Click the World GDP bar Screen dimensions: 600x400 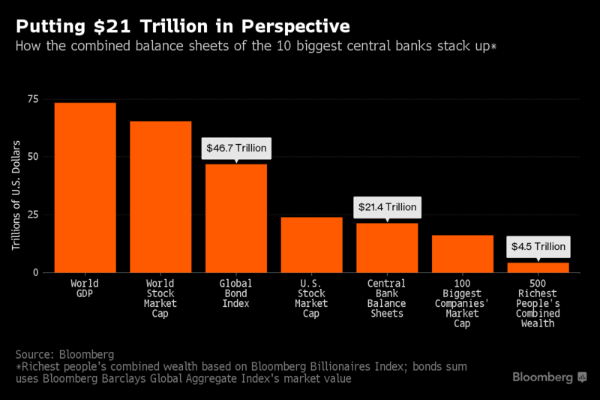[85, 188]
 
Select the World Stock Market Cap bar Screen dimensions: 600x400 [160, 197]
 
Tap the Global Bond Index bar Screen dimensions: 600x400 [236, 218]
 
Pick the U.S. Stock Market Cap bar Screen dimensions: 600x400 [311, 245]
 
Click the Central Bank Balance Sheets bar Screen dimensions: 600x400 [387, 248]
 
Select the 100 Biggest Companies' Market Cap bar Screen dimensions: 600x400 [463, 254]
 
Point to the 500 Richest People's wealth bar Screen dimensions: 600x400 [538, 268]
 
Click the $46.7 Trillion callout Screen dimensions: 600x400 [236, 148]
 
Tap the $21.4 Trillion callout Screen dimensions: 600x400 [387, 207]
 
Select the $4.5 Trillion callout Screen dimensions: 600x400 [538, 246]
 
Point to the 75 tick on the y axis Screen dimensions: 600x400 [33, 99]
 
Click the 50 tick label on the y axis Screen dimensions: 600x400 [33, 157]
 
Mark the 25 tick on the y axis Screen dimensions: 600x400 [33, 215]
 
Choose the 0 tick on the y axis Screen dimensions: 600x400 [36, 272]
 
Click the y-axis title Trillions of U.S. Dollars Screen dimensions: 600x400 [16, 195]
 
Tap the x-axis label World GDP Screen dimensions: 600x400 [85, 288]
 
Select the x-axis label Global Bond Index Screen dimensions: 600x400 [235, 293]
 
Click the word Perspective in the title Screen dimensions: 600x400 [295, 26]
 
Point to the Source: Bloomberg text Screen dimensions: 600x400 [64, 354]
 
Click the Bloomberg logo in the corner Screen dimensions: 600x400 [550, 377]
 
